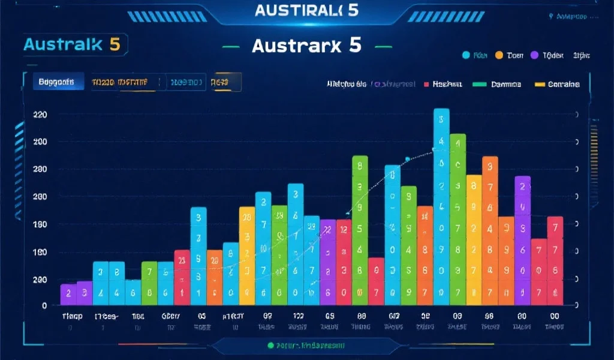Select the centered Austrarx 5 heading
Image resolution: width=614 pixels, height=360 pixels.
coord(306,46)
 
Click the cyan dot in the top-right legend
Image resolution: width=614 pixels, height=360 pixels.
coord(465,56)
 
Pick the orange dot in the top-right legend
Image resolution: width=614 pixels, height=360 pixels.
coord(498,56)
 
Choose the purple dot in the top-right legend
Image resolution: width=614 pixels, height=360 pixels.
coord(534,56)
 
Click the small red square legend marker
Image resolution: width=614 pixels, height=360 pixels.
coord(426,85)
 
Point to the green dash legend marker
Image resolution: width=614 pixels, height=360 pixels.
coord(479,85)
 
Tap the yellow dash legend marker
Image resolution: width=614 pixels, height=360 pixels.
coord(538,85)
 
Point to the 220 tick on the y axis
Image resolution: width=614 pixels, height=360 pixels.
coord(40,114)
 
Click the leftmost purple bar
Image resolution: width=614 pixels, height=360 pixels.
coord(68,294)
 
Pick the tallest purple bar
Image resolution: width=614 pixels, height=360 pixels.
coord(522,240)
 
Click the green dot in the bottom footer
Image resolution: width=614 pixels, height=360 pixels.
coord(270,346)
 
